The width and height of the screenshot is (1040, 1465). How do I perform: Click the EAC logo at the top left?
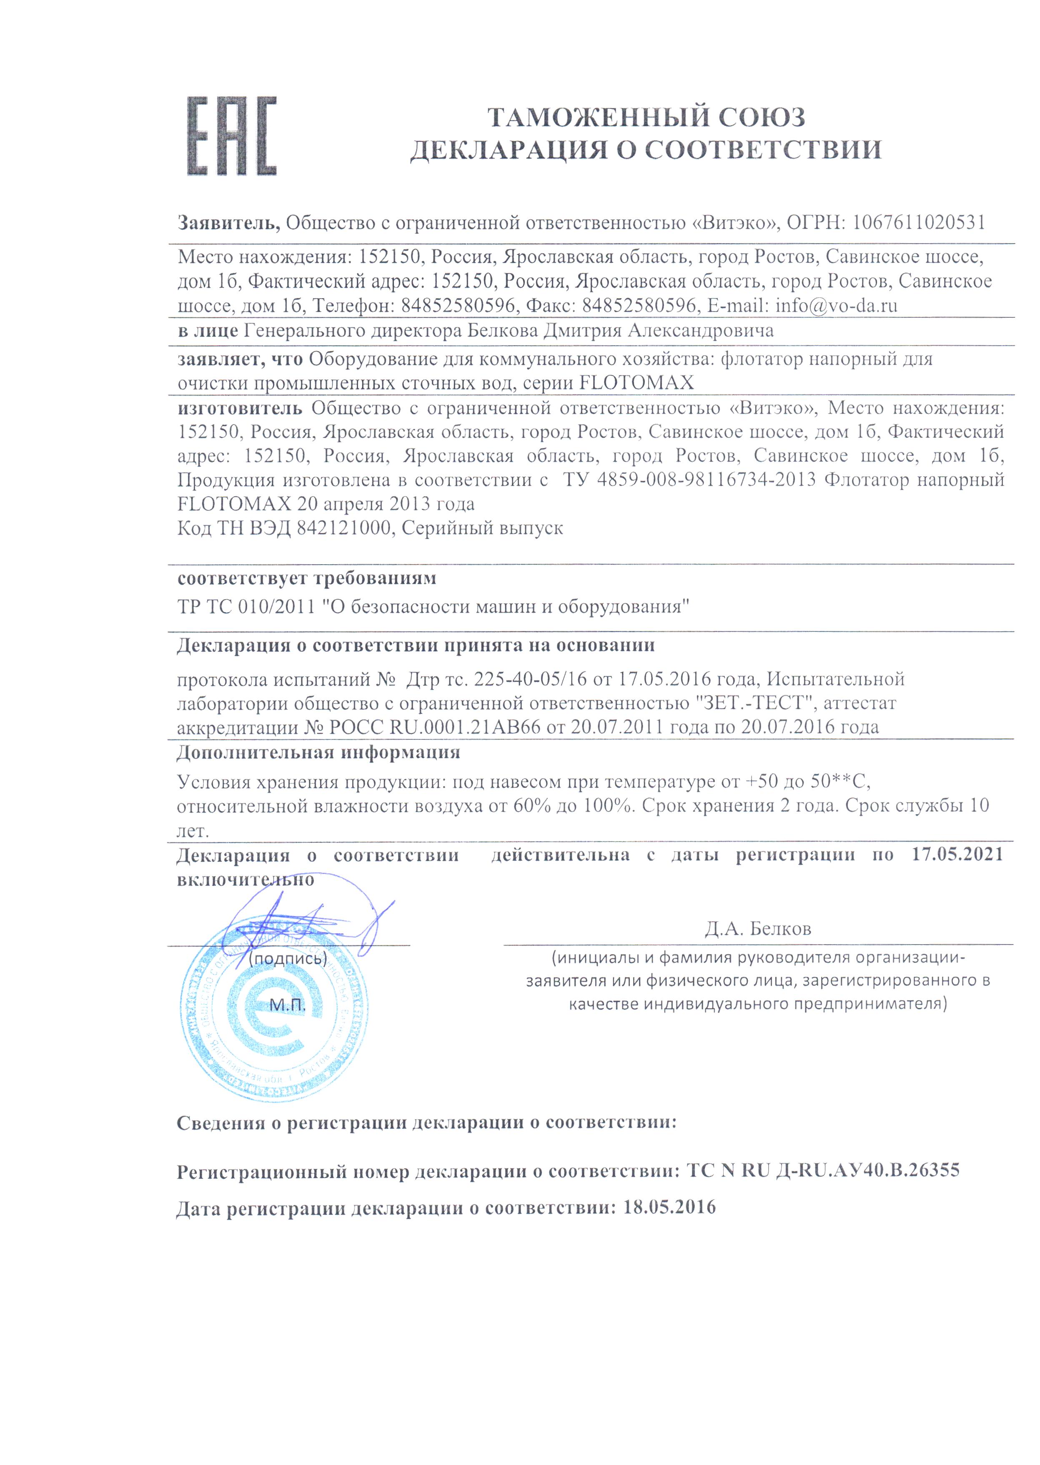click(x=232, y=136)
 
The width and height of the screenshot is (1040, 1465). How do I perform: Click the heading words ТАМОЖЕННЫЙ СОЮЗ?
click(x=646, y=117)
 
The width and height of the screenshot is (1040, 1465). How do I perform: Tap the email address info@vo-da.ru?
click(x=836, y=306)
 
